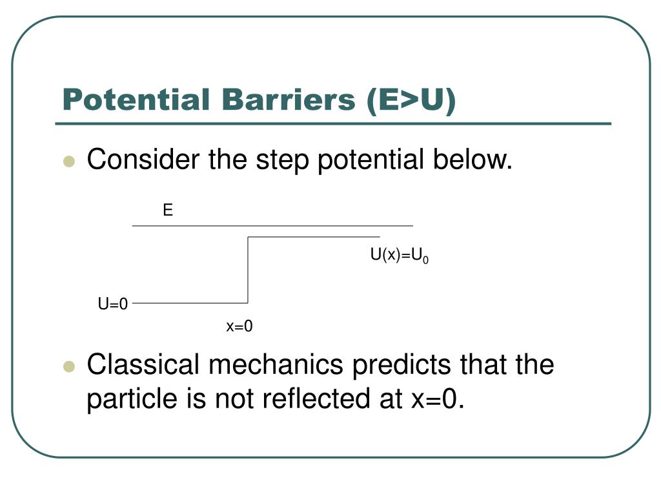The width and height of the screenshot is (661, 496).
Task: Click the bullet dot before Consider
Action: click(69, 161)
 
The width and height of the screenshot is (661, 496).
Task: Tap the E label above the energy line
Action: click(168, 210)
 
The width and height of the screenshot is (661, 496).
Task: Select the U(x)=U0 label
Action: click(399, 256)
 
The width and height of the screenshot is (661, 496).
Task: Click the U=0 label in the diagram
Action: click(113, 304)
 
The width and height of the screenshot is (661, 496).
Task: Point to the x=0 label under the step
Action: click(239, 327)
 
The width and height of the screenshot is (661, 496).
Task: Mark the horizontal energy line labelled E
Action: click(271, 225)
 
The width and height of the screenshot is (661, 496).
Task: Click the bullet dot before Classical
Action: click(69, 367)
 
